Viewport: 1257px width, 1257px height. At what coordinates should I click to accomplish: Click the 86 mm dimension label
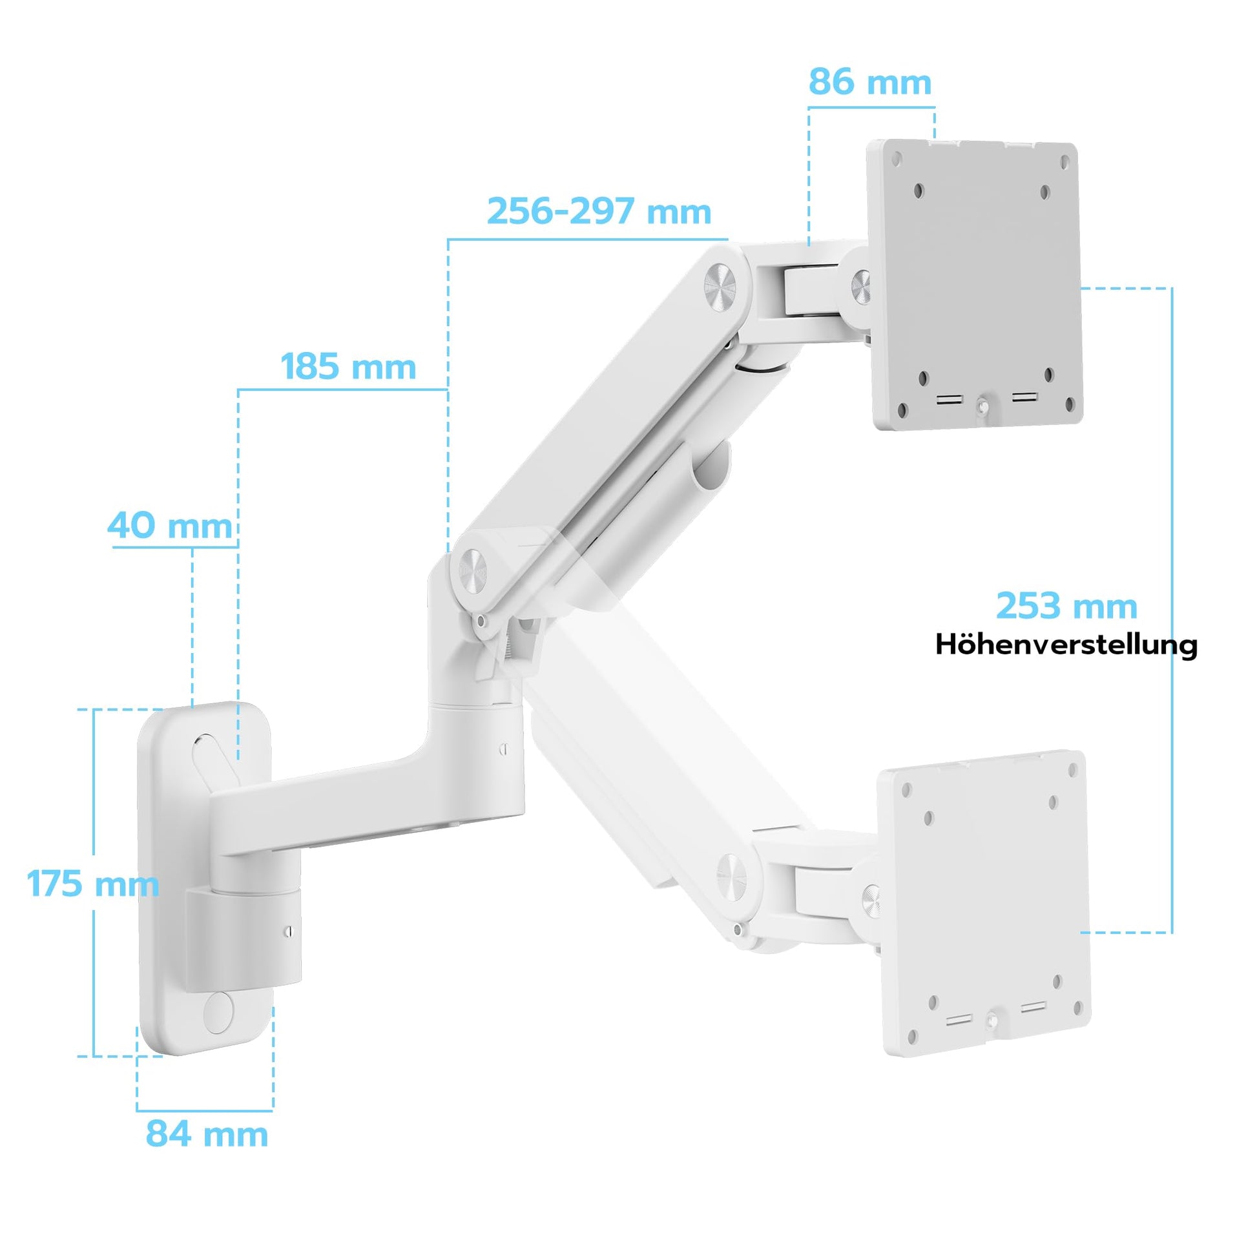pyautogui.click(x=870, y=83)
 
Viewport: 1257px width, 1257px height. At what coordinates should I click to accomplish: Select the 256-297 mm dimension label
pyautogui.click(x=599, y=211)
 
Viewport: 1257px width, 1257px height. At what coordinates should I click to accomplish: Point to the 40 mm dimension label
pyautogui.click(x=170, y=525)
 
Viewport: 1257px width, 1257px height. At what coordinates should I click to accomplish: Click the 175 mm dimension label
pyautogui.click(x=93, y=884)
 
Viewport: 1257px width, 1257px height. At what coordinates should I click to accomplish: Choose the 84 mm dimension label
pyautogui.click(x=207, y=1134)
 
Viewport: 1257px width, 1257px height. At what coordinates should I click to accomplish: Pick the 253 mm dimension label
pyautogui.click(x=1066, y=606)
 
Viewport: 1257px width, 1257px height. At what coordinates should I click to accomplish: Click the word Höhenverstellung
pyautogui.click(x=1066, y=645)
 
